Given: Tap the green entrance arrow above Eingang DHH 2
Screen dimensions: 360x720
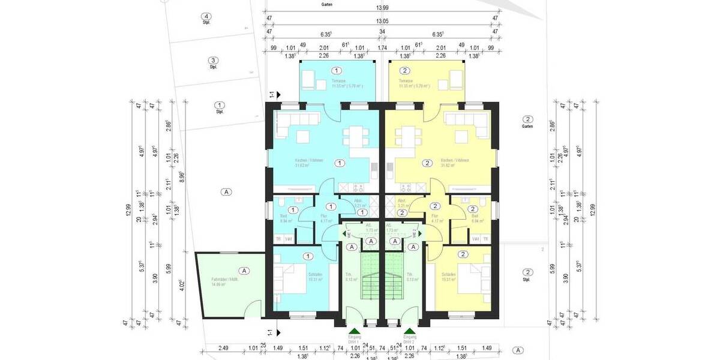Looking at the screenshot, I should click(410, 331).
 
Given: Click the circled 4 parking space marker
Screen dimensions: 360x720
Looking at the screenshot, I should click(207, 17).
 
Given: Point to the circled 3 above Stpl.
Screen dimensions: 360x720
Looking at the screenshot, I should click(212, 61).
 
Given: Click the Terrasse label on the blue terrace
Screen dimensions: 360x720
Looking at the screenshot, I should click(338, 80).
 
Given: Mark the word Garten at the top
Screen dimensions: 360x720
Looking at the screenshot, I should click(327, 4).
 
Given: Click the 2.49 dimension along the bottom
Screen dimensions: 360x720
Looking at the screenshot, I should click(223, 347).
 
